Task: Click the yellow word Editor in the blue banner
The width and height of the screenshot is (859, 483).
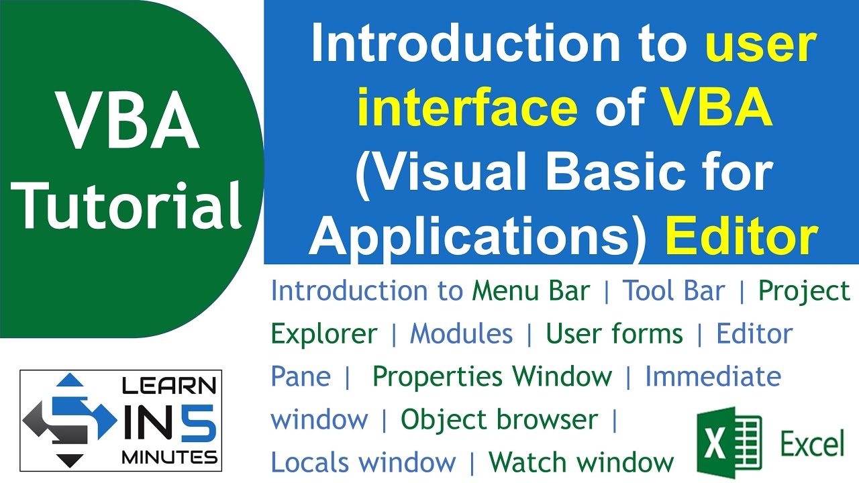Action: pos(741,236)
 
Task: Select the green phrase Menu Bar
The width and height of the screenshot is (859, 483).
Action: pos(531,291)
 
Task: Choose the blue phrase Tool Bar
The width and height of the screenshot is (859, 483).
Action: pos(674,291)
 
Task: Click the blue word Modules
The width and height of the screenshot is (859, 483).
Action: pos(461,333)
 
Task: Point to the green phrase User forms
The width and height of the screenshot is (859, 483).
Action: pos(614,333)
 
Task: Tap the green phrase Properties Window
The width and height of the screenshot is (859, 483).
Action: pos(492,376)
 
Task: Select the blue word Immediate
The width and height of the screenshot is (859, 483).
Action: pos(713,376)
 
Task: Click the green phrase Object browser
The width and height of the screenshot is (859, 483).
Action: pos(499,420)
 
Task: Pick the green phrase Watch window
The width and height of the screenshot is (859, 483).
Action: pos(581,462)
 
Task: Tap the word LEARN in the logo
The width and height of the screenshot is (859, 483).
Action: pos(168,387)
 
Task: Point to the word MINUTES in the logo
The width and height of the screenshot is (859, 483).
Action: pos(169,458)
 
